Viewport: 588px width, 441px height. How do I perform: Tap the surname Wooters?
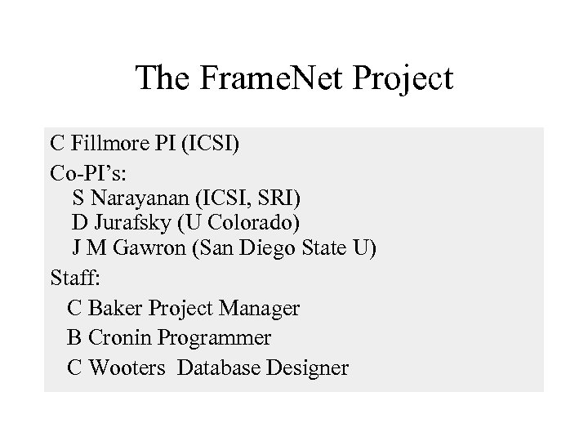tap(127, 367)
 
